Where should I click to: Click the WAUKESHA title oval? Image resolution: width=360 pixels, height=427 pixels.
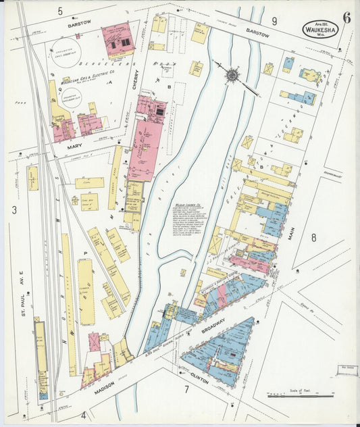(320, 29)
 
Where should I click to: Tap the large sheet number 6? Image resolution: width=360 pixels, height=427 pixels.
(346, 18)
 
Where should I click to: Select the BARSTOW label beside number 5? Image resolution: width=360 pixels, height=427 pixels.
(79, 24)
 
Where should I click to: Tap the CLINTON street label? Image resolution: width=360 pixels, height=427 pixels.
(200, 380)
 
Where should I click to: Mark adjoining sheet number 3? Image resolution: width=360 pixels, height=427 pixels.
(14, 210)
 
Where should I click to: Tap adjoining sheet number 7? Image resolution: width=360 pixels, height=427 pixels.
(185, 390)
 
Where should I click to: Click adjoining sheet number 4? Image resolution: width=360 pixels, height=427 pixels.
(84, 414)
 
